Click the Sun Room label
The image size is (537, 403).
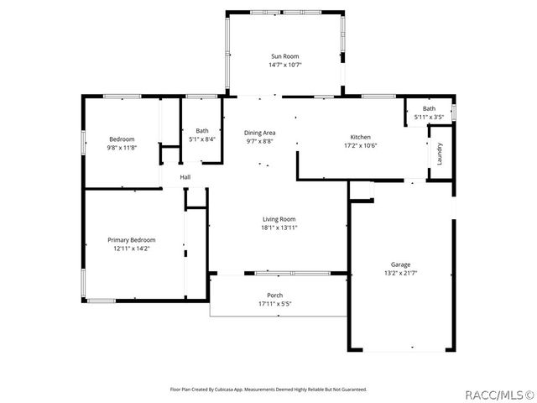[x=284, y=56]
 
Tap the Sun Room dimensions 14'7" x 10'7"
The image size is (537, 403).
[x=284, y=65]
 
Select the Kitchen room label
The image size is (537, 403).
[x=360, y=137]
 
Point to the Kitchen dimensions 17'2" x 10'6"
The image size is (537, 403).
[x=360, y=145]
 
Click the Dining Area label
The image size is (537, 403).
[x=259, y=133]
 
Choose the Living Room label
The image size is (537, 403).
[x=279, y=219]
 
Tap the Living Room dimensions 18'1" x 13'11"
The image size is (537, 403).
[x=279, y=228]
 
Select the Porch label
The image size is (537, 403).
[x=274, y=295]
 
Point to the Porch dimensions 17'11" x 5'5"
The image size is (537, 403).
[x=274, y=303]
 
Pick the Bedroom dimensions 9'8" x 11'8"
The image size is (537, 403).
[x=122, y=148]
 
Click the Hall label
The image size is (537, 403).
[x=185, y=177]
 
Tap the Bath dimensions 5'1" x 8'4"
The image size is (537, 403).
[x=202, y=139]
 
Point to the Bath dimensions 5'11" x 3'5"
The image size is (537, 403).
[x=429, y=117]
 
